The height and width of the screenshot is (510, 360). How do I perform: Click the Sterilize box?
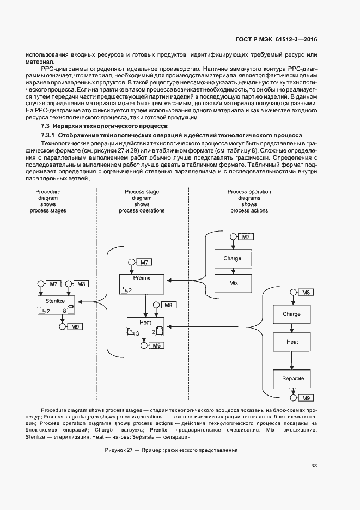56,305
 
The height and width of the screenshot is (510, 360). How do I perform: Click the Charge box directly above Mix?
234,258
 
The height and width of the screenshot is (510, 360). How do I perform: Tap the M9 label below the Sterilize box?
75,327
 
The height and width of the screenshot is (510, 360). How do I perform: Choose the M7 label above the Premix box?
144,263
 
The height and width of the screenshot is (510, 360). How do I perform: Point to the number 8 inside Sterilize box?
64,311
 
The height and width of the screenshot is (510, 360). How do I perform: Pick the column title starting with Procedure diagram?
48,201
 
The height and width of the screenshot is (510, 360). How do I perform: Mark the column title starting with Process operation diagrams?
249,201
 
